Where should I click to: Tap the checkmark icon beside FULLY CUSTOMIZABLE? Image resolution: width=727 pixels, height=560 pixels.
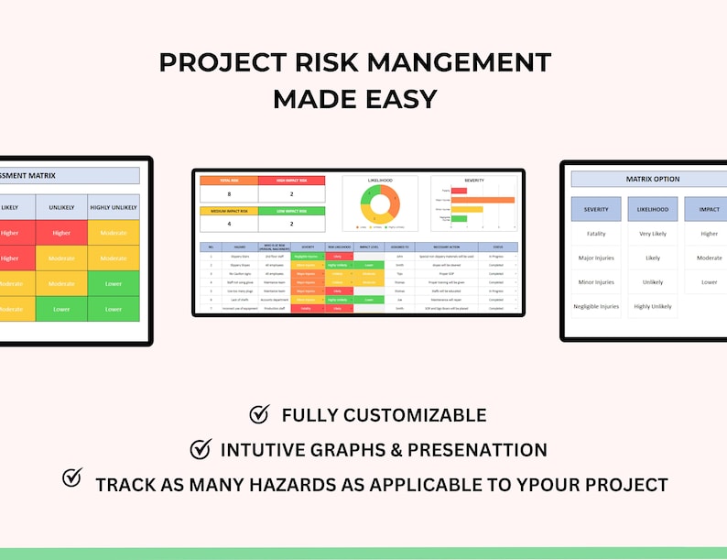pyautogui.click(x=260, y=415)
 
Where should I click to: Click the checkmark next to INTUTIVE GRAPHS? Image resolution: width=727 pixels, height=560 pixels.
pyautogui.click(x=201, y=449)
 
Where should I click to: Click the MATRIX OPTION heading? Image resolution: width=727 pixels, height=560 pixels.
pyautogui.click(x=652, y=179)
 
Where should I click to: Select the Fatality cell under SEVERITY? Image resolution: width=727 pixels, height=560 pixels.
pyautogui.click(x=595, y=234)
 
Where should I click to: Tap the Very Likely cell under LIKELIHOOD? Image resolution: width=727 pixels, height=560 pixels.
pyautogui.click(x=653, y=234)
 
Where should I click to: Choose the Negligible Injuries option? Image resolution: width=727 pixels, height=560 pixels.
pyautogui.click(x=595, y=306)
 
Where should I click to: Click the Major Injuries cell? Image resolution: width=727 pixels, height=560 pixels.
pyautogui.click(x=595, y=258)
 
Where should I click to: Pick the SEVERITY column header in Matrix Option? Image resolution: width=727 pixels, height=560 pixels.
pyautogui.click(x=596, y=209)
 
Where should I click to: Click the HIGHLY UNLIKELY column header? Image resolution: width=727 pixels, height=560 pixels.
pyautogui.click(x=114, y=207)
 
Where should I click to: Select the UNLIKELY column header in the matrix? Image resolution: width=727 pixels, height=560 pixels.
pyautogui.click(x=61, y=207)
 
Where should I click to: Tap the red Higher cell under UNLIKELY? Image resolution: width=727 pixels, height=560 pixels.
pyautogui.click(x=61, y=233)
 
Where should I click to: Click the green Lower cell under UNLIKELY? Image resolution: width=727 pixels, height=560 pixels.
pyautogui.click(x=61, y=309)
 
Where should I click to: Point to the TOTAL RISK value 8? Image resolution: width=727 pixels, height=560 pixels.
pyautogui.click(x=229, y=195)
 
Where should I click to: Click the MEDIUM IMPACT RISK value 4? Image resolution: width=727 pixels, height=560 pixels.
pyautogui.click(x=229, y=225)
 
